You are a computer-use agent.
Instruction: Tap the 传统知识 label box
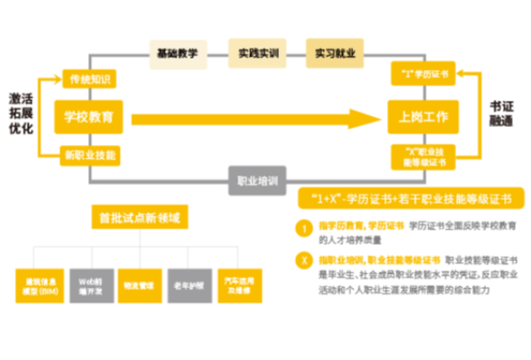(90, 78)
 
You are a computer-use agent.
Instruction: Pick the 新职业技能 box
(90, 154)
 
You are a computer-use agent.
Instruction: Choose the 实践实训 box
(256, 53)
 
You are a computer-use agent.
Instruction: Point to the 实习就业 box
(334, 53)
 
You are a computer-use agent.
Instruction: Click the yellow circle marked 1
(305, 229)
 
